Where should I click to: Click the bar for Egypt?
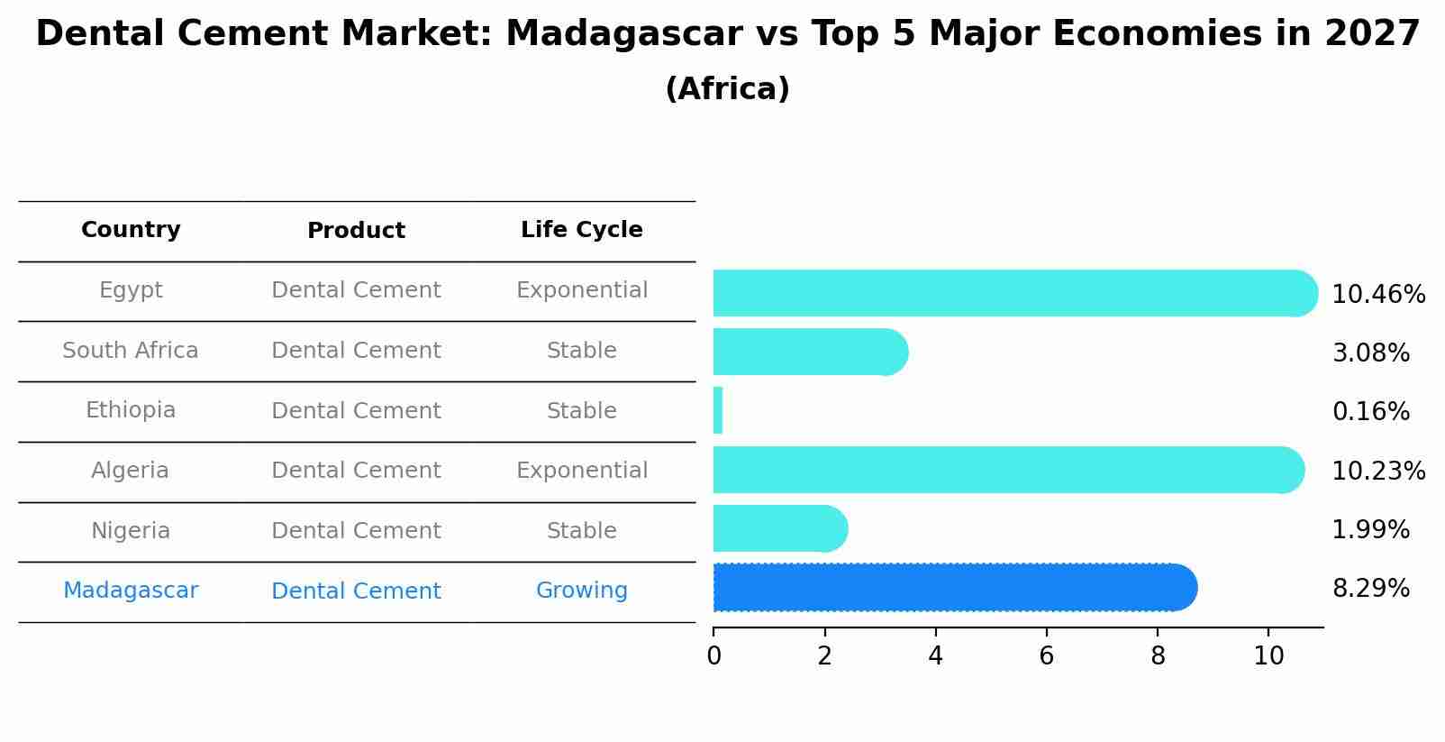tap(1015, 293)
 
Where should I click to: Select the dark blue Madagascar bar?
tap(956, 587)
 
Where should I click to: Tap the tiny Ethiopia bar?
tap(718, 411)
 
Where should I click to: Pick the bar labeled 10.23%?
tap(1009, 470)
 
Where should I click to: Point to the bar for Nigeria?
tap(780, 528)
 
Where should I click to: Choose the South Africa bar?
tap(811, 352)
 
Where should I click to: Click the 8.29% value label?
tap(1371, 589)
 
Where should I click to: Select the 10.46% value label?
tap(1378, 294)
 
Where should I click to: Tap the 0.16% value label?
tap(1371, 411)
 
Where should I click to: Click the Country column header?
tap(131, 230)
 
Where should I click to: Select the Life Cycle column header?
tap(582, 230)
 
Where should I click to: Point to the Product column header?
tap(356, 231)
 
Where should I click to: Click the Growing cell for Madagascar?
tap(582, 591)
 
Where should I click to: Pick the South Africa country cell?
tap(131, 350)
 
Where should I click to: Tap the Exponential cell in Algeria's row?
tap(582, 471)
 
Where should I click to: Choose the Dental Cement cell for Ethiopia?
tap(356, 411)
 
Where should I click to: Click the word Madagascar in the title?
tap(624, 33)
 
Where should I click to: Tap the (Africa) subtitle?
tap(728, 88)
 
